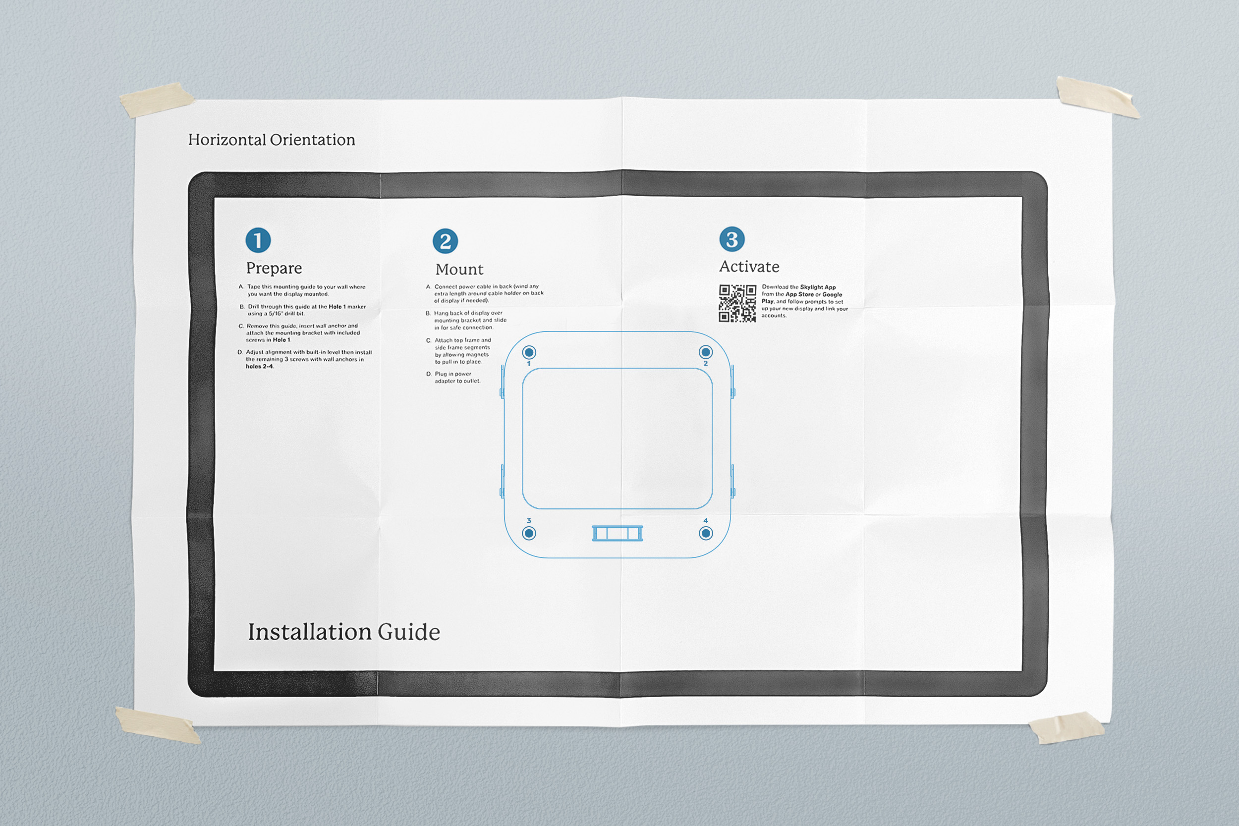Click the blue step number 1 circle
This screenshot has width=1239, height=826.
tap(258, 240)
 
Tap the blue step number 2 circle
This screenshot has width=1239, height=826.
tap(445, 241)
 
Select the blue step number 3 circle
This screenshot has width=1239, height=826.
tap(732, 239)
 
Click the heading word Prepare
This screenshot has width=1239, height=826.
tap(274, 269)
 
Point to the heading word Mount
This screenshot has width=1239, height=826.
tap(459, 270)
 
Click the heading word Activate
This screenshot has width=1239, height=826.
tap(749, 267)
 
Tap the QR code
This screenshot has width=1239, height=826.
tap(737, 303)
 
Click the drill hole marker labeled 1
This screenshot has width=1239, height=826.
tap(529, 352)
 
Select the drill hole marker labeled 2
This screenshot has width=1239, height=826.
tap(705, 351)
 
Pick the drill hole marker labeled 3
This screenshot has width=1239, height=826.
tap(529, 533)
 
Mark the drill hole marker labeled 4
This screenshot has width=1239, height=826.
tap(705, 533)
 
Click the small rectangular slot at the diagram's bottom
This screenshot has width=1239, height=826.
tap(617, 533)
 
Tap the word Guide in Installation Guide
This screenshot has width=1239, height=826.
tap(409, 632)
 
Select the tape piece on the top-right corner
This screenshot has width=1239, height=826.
tap(1098, 97)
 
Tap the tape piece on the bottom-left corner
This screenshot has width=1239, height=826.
tap(158, 725)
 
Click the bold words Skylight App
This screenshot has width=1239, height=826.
tap(818, 287)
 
